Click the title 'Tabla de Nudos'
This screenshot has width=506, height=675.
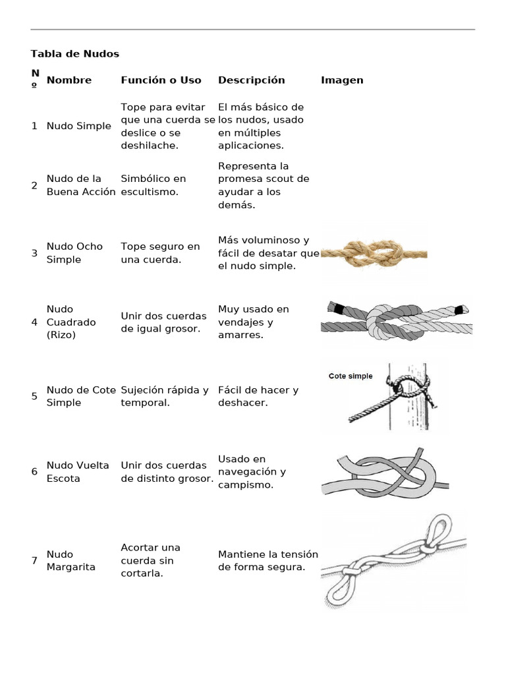75,53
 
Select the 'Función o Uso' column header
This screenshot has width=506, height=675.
161,80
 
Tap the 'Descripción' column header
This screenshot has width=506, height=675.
251,80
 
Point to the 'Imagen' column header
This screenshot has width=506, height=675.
342,80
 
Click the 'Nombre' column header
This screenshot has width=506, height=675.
69,80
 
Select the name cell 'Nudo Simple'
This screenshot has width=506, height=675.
78,126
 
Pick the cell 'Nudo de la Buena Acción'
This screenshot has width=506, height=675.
80,185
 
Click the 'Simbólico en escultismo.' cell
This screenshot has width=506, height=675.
154,185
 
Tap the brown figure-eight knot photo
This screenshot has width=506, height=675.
374,252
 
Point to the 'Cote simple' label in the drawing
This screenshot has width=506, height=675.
351,376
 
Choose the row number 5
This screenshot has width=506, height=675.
34,396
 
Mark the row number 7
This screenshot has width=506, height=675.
34,561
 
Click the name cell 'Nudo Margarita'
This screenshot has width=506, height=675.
70,561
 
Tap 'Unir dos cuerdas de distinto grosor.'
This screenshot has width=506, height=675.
167,472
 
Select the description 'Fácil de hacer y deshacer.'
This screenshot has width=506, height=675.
258,396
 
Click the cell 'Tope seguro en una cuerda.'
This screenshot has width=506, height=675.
160,253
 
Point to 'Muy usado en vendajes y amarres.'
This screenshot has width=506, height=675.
254,322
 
